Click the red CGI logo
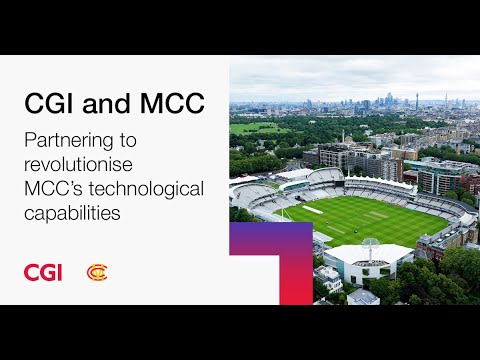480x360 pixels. (x=43, y=272)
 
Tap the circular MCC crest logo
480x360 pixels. (x=97, y=272)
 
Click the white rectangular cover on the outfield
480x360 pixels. (x=312, y=210)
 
